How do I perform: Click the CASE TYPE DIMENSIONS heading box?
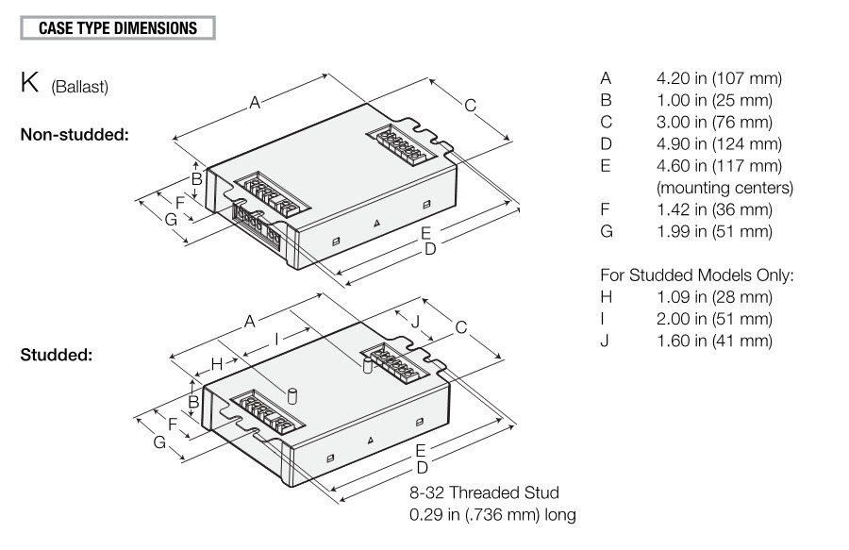point(118,27)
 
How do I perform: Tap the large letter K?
point(31,83)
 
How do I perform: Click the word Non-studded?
point(75,134)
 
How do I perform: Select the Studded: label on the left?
point(56,356)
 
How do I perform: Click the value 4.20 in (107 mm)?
point(719,78)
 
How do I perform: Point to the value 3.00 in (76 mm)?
point(714,122)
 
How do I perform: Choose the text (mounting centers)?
point(724,188)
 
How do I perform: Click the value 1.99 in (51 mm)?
point(714,231)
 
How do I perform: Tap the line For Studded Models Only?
point(696,275)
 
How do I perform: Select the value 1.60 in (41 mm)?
point(714,341)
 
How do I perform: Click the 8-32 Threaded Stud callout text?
point(483,493)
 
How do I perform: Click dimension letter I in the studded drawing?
point(276,338)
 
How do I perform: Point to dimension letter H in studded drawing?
point(216,363)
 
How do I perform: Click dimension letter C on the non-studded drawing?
point(470,105)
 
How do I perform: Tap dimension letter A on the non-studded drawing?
point(255,104)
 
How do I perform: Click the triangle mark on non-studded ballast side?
point(376,223)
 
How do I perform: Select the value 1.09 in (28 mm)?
point(714,297)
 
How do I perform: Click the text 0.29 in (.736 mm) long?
point(491,515)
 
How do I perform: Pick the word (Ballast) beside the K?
point(80,88)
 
